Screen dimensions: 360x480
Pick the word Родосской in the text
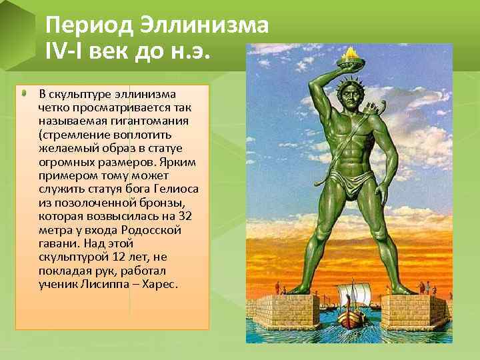(x=157, y=229)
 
